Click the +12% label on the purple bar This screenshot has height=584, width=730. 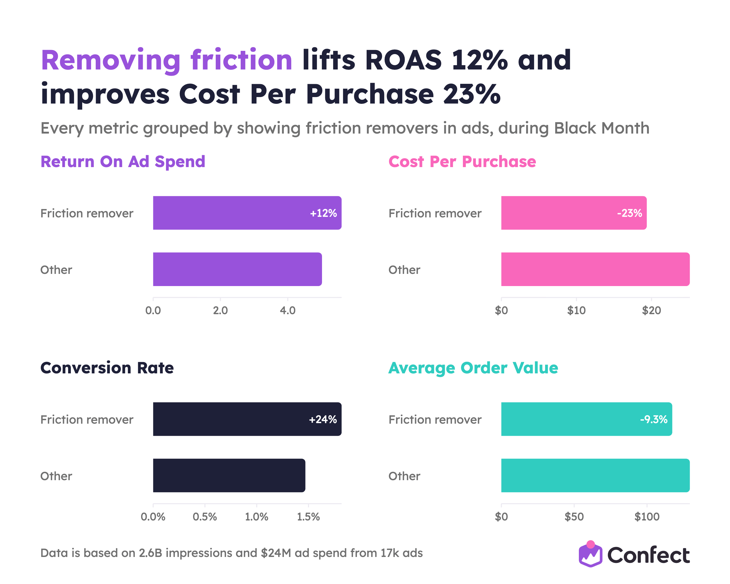[323, 213]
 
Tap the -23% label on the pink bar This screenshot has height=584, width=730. [629, 213]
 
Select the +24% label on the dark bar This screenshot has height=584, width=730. [323, 419]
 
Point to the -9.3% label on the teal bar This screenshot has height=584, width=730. [653, 419]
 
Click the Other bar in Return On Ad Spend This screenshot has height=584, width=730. [237, 269]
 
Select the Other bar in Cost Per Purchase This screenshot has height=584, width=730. [595, 269]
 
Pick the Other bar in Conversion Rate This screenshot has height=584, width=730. [229, 475]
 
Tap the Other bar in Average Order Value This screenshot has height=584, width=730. [595, 475]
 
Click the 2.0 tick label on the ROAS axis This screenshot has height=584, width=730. [220, 310]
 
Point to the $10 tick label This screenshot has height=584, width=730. [576, 310]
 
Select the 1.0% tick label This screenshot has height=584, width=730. [257, 517]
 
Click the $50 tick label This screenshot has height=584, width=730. [574, 517]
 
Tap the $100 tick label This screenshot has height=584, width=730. [647, 517]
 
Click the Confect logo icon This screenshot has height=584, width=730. [590, 554]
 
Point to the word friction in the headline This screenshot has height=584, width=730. [241, 60]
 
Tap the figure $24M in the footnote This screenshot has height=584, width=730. [276, 553]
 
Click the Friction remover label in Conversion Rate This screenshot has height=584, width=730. [87, 419]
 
